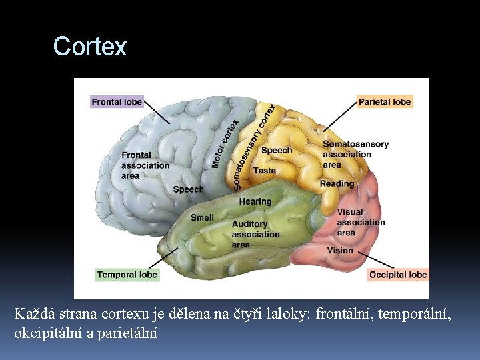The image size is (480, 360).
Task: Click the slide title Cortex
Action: tap(89, 47)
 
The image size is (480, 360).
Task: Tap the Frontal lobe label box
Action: tap(117, 102)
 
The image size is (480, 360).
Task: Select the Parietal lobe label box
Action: tap(384, 102)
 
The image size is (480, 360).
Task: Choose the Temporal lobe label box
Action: tap(127, 275)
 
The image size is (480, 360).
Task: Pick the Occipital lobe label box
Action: tap(397, 275)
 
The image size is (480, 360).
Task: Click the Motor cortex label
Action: tap(225, 144)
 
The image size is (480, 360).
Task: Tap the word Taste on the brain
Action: tap(264, 171)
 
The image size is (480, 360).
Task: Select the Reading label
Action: tap(337, 183)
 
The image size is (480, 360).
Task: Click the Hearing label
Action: tap(255, 201)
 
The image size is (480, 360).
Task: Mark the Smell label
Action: tap(202, 217)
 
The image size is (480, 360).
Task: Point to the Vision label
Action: tap(340, 251)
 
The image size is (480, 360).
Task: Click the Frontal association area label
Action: tap(145, 165)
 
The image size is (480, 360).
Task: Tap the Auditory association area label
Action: tap(255, 234)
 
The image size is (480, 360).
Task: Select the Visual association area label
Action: tap(360, 222)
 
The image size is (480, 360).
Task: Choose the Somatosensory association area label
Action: tap(355, 154)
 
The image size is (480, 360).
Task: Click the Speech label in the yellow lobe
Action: tap(276, 150)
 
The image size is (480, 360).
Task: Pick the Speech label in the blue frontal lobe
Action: tap(188, 189)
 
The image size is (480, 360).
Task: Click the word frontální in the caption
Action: tap(345, 313)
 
